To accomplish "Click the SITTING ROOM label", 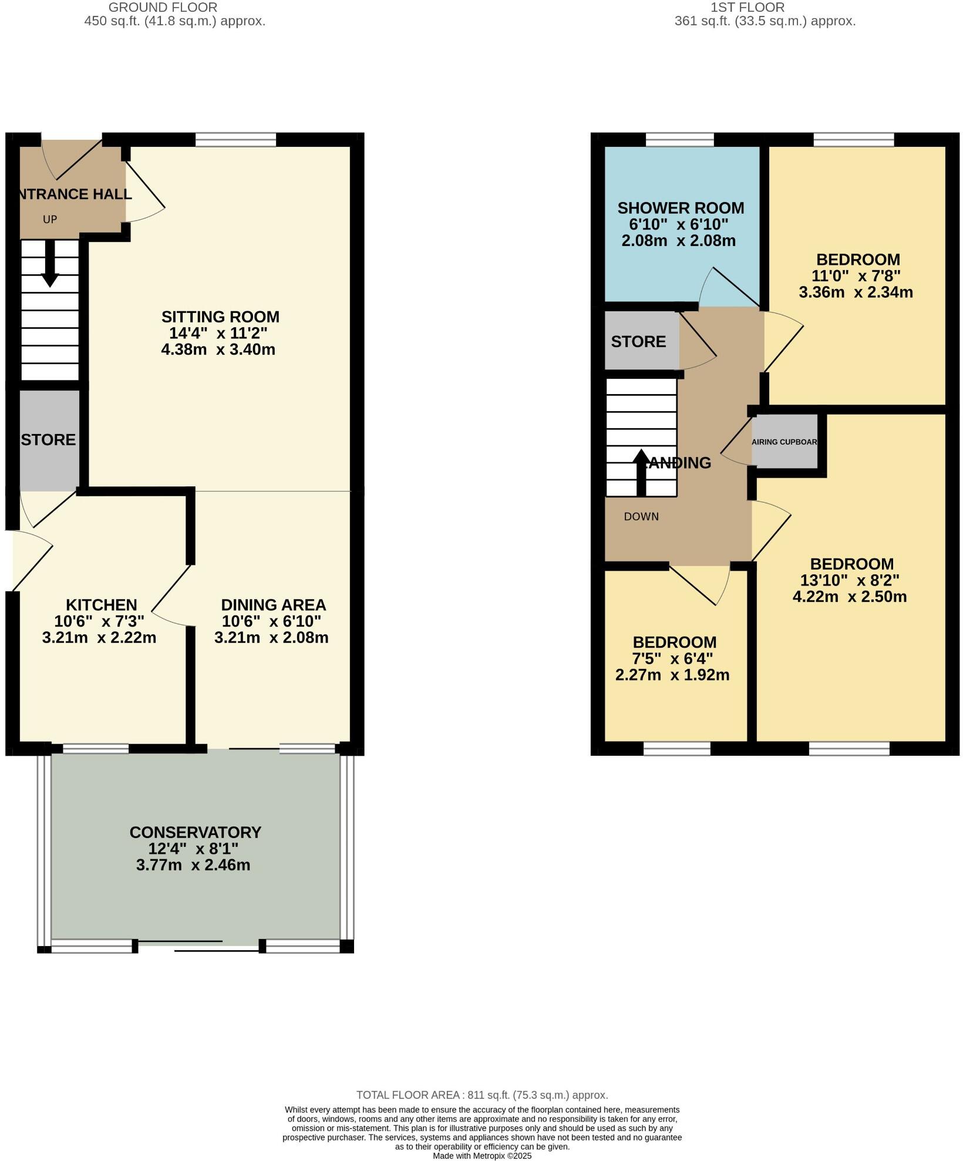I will coord(220,317).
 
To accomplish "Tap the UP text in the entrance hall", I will coord(50,220).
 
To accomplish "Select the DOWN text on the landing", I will coord(641,517).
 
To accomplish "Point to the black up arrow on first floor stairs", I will coord(641,472).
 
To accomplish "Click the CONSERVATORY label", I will coord(195,832).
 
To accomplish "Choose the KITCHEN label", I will coord(101,605).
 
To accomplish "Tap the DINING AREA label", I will coord(273,605).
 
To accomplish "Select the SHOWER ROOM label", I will coord(681,208).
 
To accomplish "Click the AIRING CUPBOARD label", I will coord(784,442).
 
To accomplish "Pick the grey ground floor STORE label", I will coord(48,440).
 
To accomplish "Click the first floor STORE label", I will coord(638,342).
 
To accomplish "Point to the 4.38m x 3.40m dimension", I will coord(218,350).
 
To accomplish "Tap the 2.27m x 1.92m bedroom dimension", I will coord(672,675).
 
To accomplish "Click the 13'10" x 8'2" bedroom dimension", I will coord(850,580).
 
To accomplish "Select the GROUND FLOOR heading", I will coord(163,8).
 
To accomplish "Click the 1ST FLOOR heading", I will coord(747,8).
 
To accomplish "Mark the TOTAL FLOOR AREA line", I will coord(482,1095).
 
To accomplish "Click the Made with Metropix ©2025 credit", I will coord(482,1156).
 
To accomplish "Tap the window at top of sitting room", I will coord(235,140).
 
